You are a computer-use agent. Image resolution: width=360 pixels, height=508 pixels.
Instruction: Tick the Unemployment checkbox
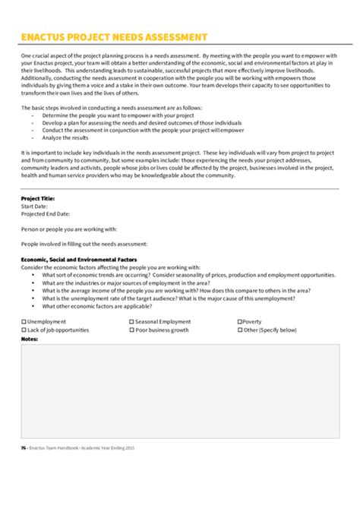click(x=24, y=321)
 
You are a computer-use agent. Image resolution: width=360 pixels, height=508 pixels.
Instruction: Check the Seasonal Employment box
click(x=131, y=321)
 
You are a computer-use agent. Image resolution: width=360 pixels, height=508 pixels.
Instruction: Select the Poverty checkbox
click(x=240, y=321)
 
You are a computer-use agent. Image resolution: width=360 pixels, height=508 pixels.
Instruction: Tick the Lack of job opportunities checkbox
click(x=24, y=330)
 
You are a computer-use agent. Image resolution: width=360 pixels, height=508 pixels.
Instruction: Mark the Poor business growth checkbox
click(x=131, y=330)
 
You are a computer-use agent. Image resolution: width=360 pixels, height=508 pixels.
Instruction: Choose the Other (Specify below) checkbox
click(x=240, y=330)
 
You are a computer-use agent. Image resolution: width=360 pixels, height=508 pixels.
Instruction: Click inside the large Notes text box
click(x=179, y=387)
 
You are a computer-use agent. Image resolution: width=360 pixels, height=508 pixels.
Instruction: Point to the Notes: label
click(x=30, y=339)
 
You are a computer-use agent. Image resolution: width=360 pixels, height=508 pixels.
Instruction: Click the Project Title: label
click(x=38, y=197)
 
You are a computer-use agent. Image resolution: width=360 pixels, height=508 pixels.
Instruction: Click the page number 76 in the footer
click(x=24, y=448)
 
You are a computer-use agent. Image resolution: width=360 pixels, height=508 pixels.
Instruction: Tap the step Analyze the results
click(x=67, y=137)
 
